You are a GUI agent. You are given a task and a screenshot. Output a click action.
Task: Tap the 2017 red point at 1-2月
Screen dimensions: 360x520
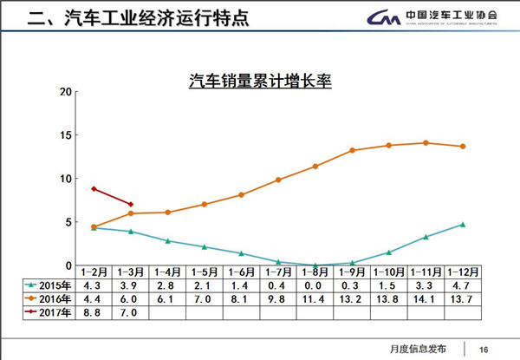click(x=93, y=189)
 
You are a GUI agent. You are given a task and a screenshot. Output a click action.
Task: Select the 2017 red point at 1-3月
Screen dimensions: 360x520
click(x=130, y=205)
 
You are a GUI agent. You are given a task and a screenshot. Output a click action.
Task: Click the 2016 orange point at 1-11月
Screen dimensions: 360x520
click(x=426, y=143)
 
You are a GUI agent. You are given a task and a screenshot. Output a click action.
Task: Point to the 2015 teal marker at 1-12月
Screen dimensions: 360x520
click(x=463, y=225)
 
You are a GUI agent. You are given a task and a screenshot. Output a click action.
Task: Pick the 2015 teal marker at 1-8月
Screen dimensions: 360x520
click(x=315, y=265)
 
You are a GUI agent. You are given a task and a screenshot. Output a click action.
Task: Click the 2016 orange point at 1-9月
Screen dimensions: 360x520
click(x=352, y=150)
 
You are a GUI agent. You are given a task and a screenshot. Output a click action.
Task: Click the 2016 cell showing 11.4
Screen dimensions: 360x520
click(x=315, y=298)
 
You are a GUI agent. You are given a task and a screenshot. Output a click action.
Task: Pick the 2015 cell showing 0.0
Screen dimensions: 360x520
click(x=315, y=285)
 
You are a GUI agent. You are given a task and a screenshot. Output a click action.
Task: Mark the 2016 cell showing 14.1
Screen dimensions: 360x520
click(x=426, y=298)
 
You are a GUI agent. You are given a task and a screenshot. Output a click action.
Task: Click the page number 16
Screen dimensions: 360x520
click(x=484, y=348)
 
